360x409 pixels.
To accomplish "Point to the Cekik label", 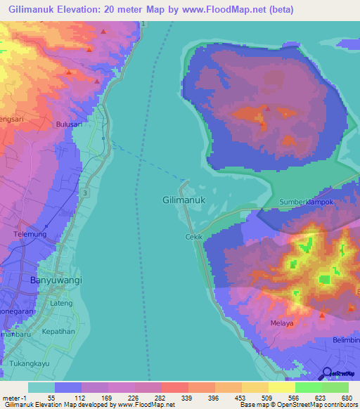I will point(194,237).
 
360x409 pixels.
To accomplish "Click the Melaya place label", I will point(281,324).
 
